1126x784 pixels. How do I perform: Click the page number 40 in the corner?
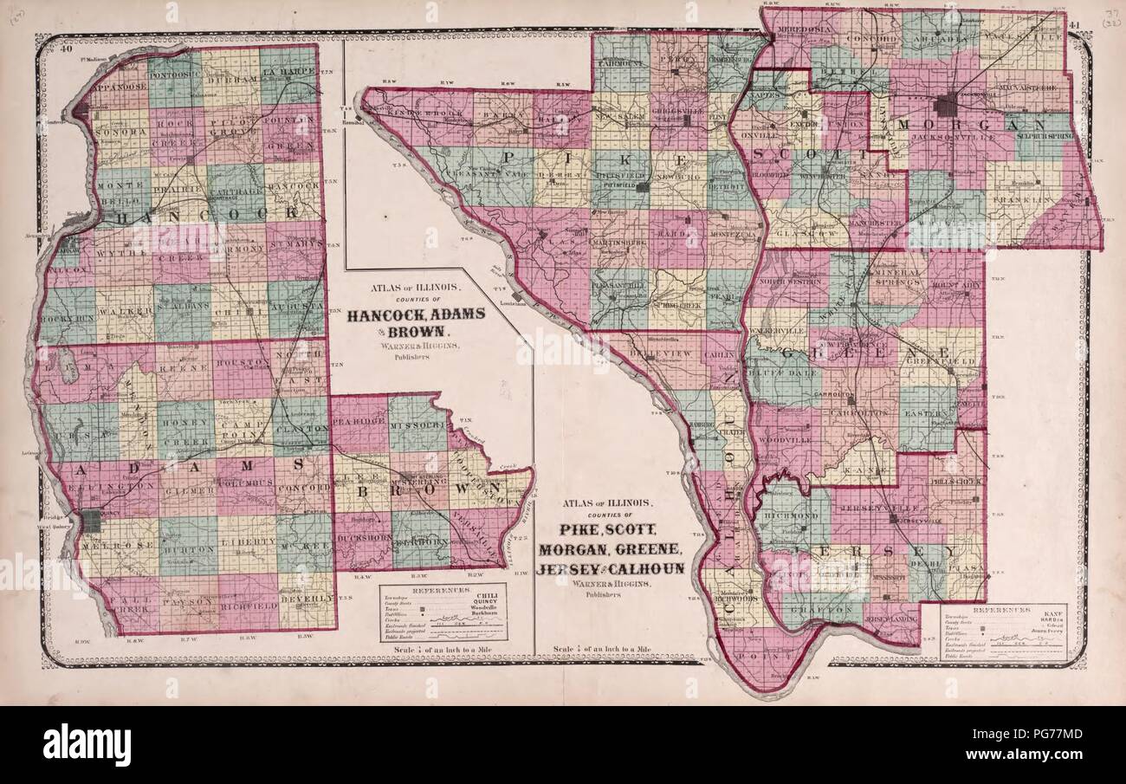tap(65, 49)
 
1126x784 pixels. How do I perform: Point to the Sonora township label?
tap(120, 133)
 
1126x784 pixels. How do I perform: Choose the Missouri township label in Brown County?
tap(417, 427)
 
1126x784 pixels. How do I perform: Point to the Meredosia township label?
tap(786, 26)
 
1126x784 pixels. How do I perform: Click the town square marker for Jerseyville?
tap(893, 518)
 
